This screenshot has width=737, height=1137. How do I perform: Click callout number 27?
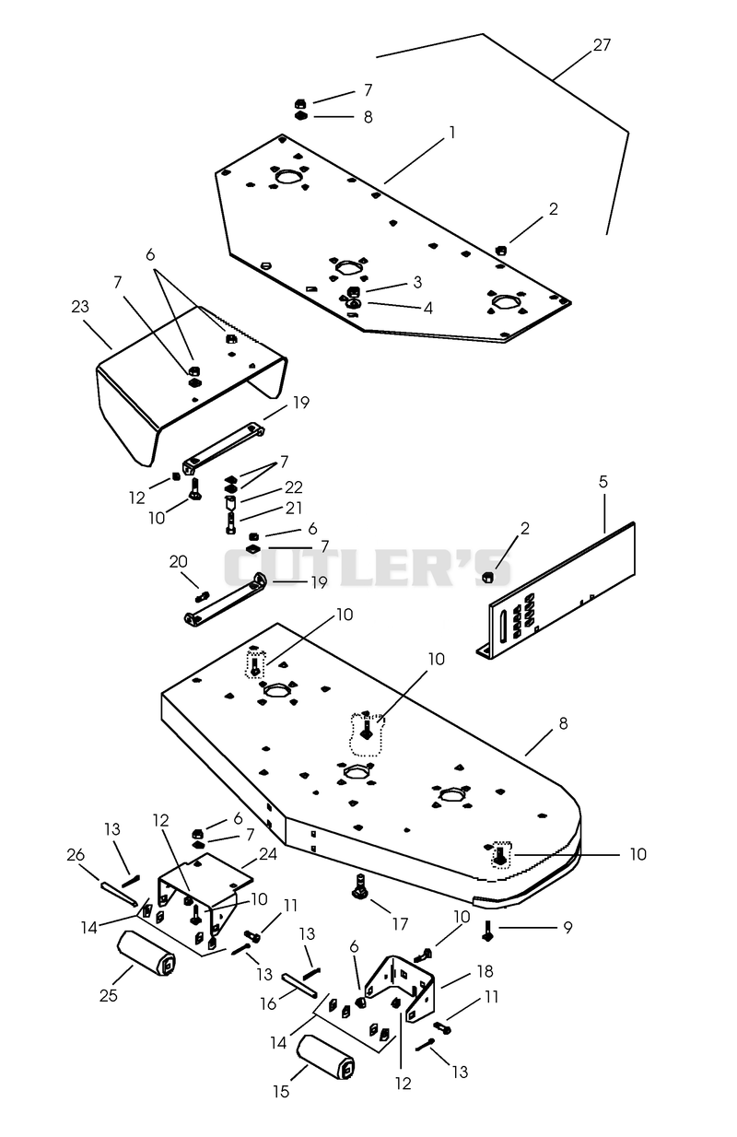coord(602,45)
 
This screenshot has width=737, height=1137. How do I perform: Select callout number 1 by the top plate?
coord(451,133)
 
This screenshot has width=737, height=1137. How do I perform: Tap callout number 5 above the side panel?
coord(603,482)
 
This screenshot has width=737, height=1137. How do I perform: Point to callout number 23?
coord(80,307)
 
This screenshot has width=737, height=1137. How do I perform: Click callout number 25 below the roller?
coord(109,995)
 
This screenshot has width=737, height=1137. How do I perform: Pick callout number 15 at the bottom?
coord(281,1091)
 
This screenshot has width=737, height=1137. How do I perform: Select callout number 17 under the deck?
coord(400,924)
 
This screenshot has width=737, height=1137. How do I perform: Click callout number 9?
coord(568,927)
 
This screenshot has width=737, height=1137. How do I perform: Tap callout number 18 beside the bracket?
coord(485,971)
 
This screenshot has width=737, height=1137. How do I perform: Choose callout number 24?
coord(268,854)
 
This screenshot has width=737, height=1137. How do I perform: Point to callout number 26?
coord(76,855)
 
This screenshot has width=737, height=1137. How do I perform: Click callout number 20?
coord(178,561)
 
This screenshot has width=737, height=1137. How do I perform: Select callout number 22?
coord(294,487)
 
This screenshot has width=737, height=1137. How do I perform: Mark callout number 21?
coord(294,508)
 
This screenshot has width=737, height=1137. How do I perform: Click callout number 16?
coord(268,1003)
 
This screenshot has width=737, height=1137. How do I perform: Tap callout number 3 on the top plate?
coord(417,282)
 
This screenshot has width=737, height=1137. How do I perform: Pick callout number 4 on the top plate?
coord(427,308)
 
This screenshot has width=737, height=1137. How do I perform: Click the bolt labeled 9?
coord(487,930)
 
